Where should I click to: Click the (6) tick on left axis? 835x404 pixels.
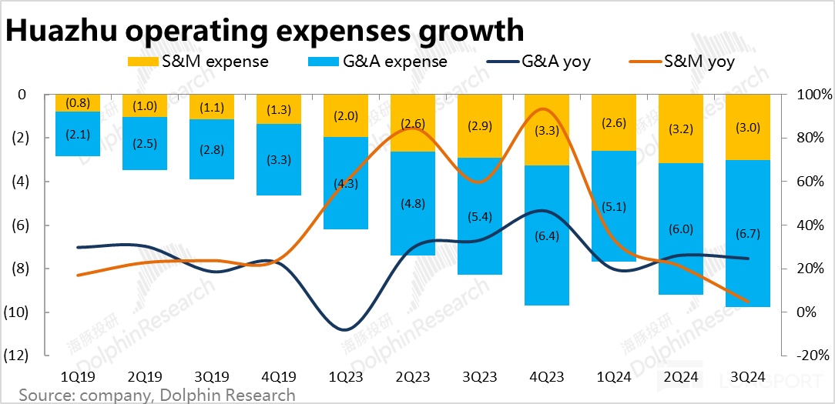(x=18, y=225)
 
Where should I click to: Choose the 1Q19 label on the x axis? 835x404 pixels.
(x=78, y=377)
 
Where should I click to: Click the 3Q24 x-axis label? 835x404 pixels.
(x=747, y=377)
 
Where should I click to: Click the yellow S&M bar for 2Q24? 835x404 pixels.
(x=681, y=129)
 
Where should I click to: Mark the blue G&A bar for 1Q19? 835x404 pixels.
(x=78, y=134)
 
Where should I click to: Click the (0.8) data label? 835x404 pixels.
(x=78, y=102)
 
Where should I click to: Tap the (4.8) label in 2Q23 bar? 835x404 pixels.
(x=412, y=205)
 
